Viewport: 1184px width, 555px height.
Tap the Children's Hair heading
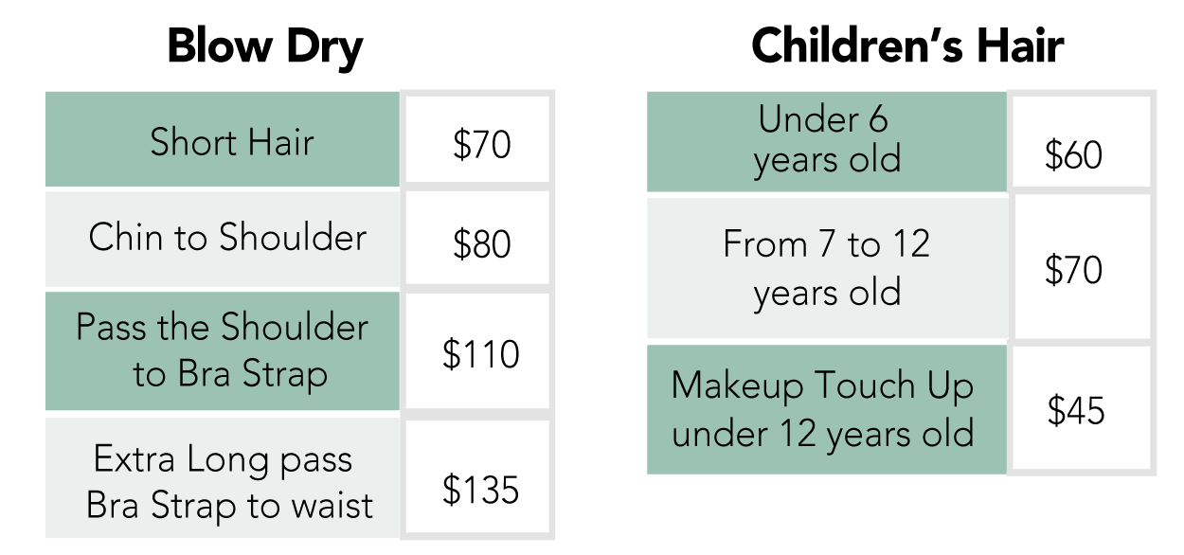907,45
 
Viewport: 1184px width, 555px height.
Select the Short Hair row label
232,142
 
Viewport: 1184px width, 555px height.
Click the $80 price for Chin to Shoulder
481,243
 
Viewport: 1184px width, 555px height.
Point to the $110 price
480,353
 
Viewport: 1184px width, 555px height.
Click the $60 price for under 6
1073,155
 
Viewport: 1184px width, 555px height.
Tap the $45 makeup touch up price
1076,410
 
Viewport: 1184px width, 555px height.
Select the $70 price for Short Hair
481,144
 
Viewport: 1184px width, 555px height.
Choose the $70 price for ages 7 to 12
1073,270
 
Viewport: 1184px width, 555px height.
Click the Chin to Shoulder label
227,237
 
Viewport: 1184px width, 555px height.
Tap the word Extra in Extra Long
135,458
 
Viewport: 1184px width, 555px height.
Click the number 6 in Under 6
878,119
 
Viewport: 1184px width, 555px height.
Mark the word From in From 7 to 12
764,243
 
